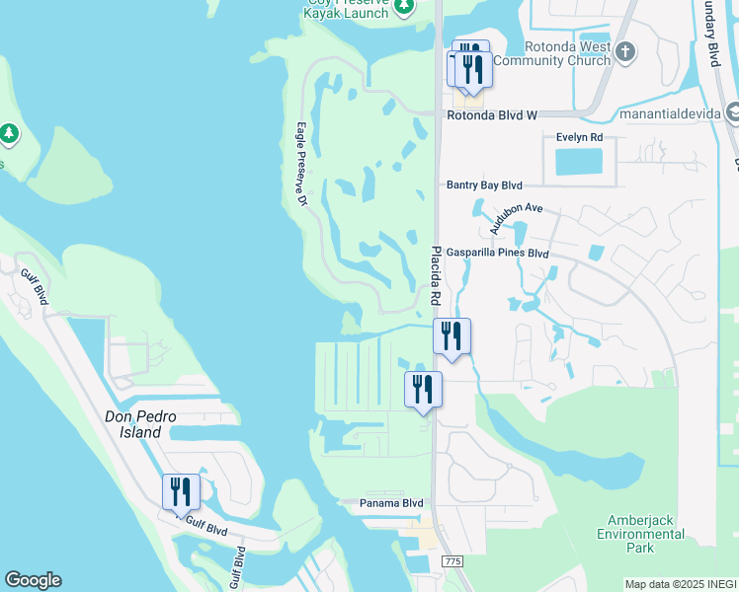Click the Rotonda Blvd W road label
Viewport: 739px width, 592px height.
pyautogui.click(x=491, y=115)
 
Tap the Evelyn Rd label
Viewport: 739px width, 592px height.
pyautogui.click(x=579, y=137)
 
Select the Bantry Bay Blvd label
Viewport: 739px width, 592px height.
pyautogui.click(x=484, y=185)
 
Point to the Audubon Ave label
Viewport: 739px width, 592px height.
pyautogui.click(x=517, y=219)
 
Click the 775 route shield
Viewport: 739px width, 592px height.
pyautogui.click(x=452, y=561)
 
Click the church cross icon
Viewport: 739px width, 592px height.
pyautogui.click(x=623, y=50)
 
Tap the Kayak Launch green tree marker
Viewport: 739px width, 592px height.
pyautogui.click(x=403, y=8)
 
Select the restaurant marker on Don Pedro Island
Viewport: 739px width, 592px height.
pyautogui.click(x=181, y=490)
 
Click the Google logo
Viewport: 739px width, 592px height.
pyautogui.click(x=33, y=580)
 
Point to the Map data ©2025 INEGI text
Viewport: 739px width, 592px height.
pyautogui.click(x=681, y=584)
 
